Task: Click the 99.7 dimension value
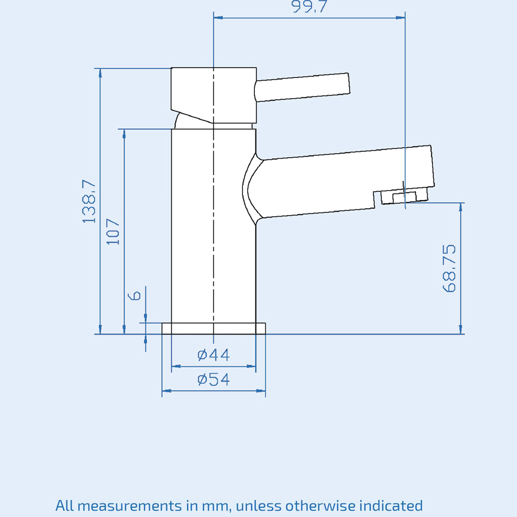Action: [x=309, y=7]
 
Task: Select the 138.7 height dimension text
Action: [x=89, y=201]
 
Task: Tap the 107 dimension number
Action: [x=113, y=232]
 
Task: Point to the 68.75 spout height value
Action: [x=449, y=268]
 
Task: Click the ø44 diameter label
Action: [x=214, y=355]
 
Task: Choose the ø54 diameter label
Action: [x=214, y=379]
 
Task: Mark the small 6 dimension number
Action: [x=135, y=295]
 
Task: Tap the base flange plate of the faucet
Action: [x=214, y=328]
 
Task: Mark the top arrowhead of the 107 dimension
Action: [x=124, y=133]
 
